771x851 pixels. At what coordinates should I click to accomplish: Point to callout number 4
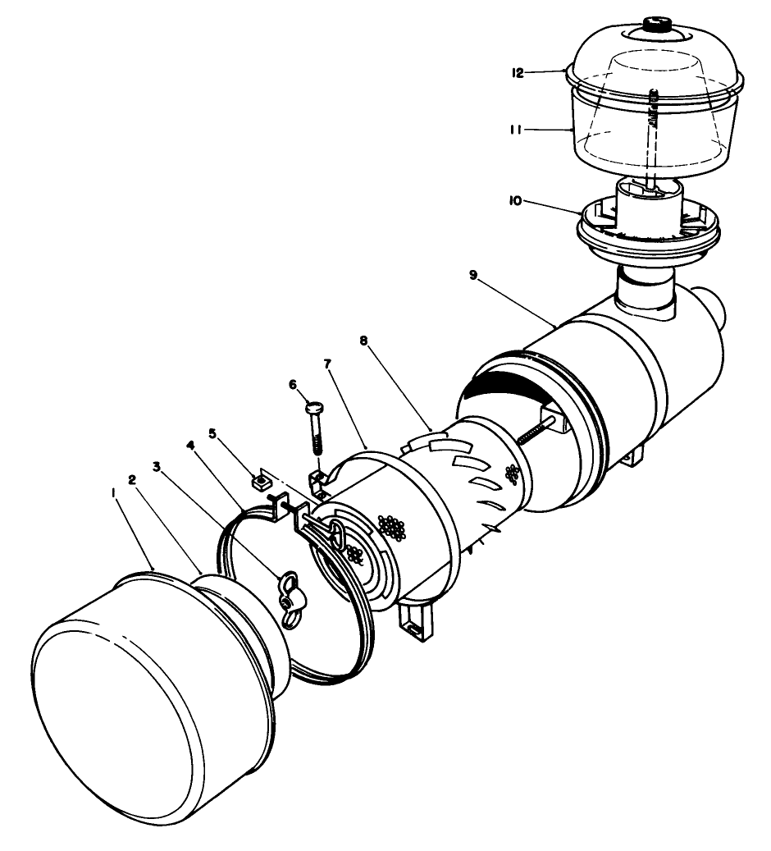coord(190,446)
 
